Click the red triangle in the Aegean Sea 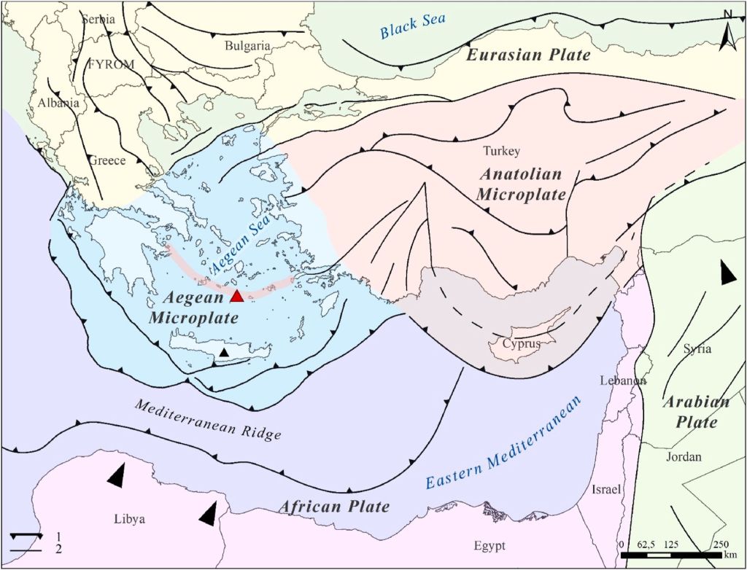pos(236,295)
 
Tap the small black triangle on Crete pos(225,353)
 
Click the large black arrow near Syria pos(727,272)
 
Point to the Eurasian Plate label pos(528,55)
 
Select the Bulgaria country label pos(247,45)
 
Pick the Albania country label pos(58,103)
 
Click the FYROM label pos(111,64)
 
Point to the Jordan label pos(684,457)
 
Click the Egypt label pos(487,546)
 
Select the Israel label pos(606,489)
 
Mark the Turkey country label pos(502,151)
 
